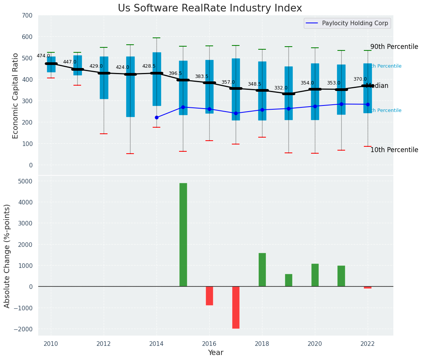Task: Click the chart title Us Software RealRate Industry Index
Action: [210, 8]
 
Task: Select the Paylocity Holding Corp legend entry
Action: [355, 23]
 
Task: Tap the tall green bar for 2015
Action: [183, 235]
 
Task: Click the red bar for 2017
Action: [236, 307]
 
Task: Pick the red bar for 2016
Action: [209, 296]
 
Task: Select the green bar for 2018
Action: [262, 269]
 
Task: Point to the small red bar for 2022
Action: [368, 287]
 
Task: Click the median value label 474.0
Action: [43, 56]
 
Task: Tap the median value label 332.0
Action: [281, 88]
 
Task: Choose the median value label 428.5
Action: [149, 66]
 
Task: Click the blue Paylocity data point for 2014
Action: [156, 117]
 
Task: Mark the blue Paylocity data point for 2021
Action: [341, 104]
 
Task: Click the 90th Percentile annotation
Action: [394, 47]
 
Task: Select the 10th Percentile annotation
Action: [394, 150]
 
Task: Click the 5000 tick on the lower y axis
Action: [25, 181]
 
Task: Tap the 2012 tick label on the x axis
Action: [104, 344]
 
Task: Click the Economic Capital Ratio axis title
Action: [15, 96]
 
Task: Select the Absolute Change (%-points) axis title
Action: [7, 256]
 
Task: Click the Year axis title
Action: [216, 353]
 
